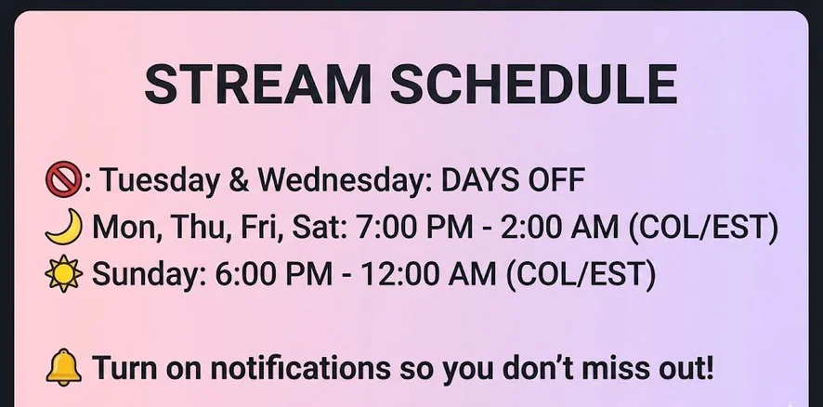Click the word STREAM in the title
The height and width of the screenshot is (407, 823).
[258, 84]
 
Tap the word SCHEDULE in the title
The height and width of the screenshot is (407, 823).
[534, 84]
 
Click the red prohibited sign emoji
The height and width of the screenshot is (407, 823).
[63, 178]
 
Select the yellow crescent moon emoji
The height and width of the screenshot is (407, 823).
[64, 227]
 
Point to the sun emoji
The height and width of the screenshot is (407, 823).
[63, 273]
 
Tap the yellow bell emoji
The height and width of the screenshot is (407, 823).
[63, 367]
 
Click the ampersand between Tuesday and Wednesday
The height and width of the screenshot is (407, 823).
[239, 180]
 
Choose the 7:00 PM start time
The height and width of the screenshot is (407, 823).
[414, 227]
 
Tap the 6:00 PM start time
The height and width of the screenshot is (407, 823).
[273, 273]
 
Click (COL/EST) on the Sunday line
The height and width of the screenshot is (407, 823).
[581, 274]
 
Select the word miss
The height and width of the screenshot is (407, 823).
[616, 368]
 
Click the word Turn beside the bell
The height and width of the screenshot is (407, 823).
[125, 368]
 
